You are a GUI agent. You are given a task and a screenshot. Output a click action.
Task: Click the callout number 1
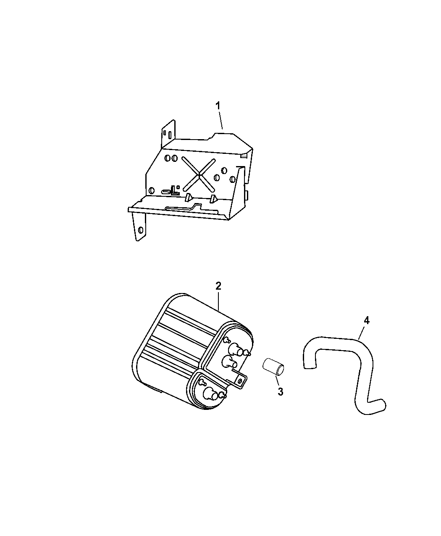pyautogui.click(x=218, y=106)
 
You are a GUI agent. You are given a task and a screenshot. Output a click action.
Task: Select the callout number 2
pyautogui.click(x=218, y=286)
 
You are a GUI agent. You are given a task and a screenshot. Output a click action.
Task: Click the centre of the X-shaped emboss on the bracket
pyautogui.click(x=199, y=175)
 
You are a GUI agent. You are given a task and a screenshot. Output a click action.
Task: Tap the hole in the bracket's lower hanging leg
pyautogui.click(x=140, y=230)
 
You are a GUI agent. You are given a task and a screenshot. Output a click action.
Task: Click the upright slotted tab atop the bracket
pyautogui.click(x=168, y=133)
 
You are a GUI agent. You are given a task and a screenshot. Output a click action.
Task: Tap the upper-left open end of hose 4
pyautogui.click(x=310, y=367)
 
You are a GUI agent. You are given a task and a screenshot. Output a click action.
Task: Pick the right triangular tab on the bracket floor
pyautogui.click(x=213, y=198)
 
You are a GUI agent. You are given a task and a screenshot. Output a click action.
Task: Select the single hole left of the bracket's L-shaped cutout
pyautogui.click(x=152, y=190)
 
